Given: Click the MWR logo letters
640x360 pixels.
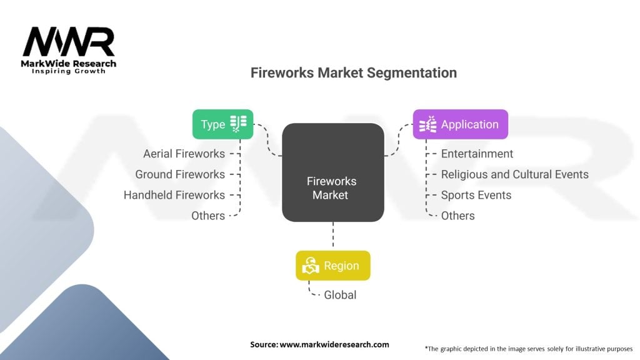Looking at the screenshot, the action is point(69,42).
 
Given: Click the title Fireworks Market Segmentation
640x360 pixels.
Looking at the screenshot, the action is point(354,72).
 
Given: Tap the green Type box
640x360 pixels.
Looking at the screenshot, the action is point(223,124).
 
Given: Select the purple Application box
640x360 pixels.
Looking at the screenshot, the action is point(461,124).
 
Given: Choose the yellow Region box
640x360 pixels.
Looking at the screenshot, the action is point(333,266).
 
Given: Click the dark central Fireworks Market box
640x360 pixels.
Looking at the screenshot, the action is point(333,172).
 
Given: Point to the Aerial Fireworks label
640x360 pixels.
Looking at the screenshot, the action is point(184,154).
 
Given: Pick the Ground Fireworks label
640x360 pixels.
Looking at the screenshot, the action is point(180,174).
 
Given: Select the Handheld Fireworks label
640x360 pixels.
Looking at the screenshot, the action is point(174,195).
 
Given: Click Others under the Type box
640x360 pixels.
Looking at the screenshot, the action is point(208,216).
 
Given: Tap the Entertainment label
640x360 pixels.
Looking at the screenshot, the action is point(477,154).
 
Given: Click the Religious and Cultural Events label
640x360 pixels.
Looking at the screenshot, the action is point(515,175).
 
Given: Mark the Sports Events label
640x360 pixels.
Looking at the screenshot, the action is point(476,195).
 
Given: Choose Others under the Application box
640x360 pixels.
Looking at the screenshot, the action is point(458,216).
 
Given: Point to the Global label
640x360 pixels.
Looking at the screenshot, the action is point(340,295).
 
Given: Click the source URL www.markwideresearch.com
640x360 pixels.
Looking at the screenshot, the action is point(334,344).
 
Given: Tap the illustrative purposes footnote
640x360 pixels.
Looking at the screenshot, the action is point(529,349).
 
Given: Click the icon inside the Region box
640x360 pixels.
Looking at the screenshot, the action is point(311,266).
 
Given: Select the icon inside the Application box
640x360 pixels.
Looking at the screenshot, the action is point(427,124).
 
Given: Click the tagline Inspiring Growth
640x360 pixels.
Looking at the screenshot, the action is point(69,71).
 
